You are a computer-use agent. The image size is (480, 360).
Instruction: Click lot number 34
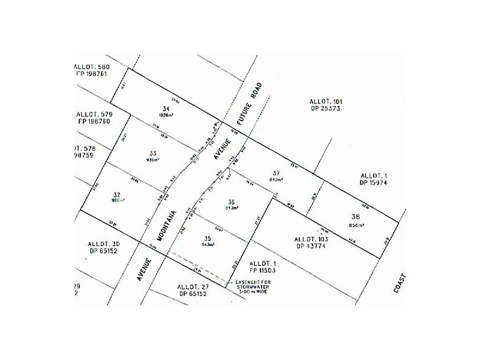pyautogui.click(x=158, y=108)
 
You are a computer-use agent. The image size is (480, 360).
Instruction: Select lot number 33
pyautogui.click(x=152, y=153)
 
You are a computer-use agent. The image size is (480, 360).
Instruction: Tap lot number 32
pyautogui.click(x=116, y=194)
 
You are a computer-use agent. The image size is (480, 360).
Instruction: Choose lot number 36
pyautogui.click(x=231, y=201)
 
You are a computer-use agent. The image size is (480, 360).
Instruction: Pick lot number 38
pyautogui.click(x=356, y=217)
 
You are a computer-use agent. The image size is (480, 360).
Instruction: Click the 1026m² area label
pyautogui.click(x=158, y=115)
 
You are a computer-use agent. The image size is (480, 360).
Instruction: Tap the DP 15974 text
pyautogui.click(x=376, y=182)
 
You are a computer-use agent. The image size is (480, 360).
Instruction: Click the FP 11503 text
pyautogui.click(x=265, y=271)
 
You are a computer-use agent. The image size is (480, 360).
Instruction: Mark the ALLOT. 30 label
pyautogui.click(x=104, y=244)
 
